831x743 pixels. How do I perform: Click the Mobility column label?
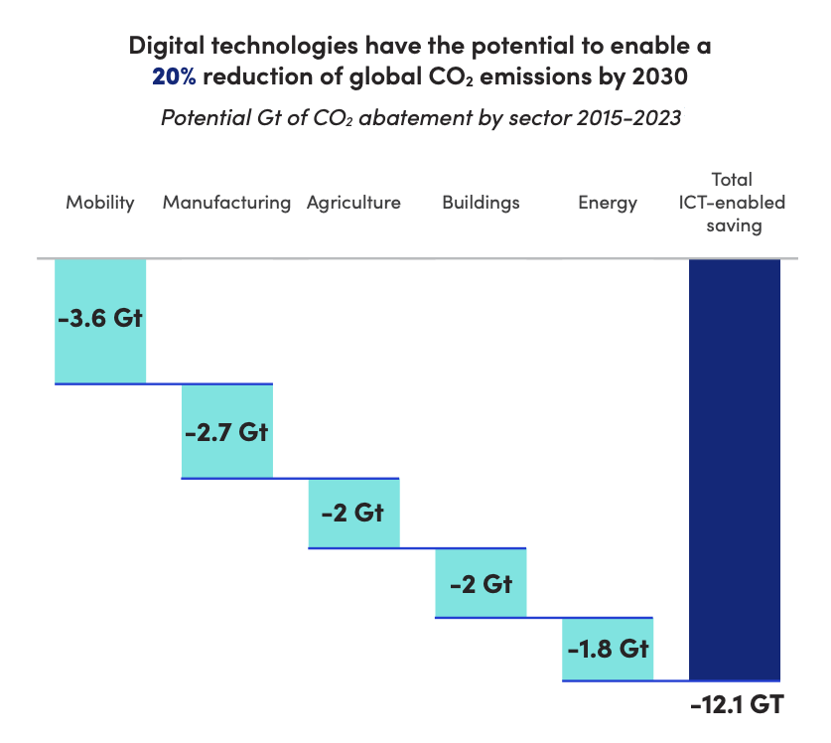(x=99, y=203)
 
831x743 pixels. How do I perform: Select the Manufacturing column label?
(x=226, y=203)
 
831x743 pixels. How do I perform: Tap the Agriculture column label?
(x=353, y=203)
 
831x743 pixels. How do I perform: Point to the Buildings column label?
(x=481, y=203)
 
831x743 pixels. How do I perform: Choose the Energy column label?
(x=608, y=203)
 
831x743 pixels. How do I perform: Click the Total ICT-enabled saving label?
(x=735, y=203)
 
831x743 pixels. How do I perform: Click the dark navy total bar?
(x=735, y=467)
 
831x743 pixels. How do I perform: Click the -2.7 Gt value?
(x=226, y=434)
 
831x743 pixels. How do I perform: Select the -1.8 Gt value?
(x=608, y=650)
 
